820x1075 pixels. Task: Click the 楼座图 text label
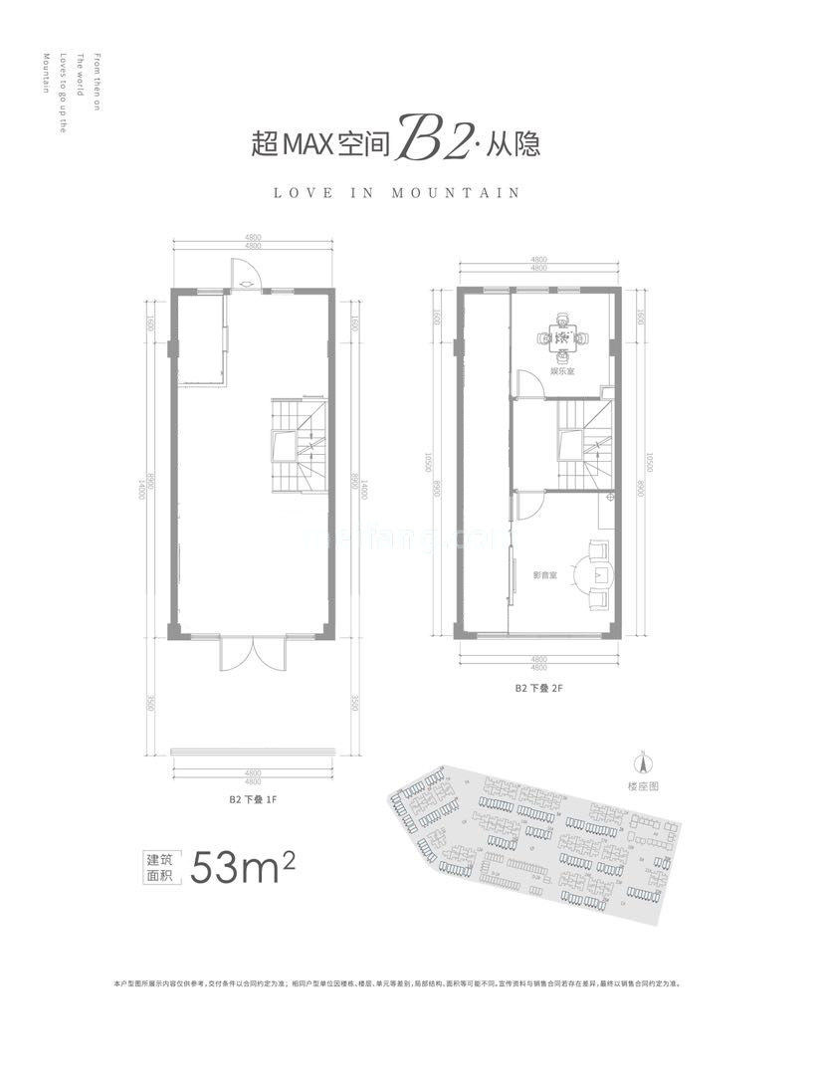pos(644,786)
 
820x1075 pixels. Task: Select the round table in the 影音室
pos(602,574)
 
